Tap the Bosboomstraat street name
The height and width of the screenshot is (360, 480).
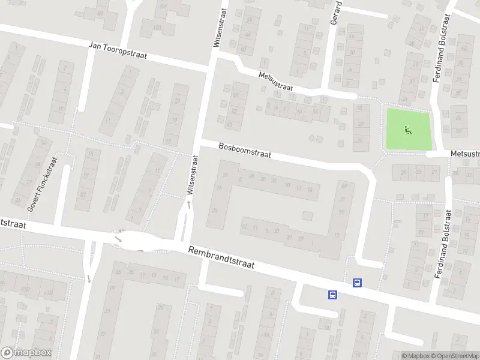pyautogui.click(x=244, y=150)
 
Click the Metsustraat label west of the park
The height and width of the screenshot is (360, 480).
pyautogui.click(x=275, y=82)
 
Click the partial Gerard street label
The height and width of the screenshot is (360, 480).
pyautogui.click(x=336, y=12)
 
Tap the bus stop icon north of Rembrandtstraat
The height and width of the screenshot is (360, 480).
pyautogui.click(x=357, y=283)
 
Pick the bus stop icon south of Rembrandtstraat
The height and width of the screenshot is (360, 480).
pyautogui.click(x=332, y=294)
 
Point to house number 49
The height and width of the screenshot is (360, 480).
pyautogui.click(x=229, y=124)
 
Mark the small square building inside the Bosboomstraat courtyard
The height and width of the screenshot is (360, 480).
pyautogui.click(x=307, y=215)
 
